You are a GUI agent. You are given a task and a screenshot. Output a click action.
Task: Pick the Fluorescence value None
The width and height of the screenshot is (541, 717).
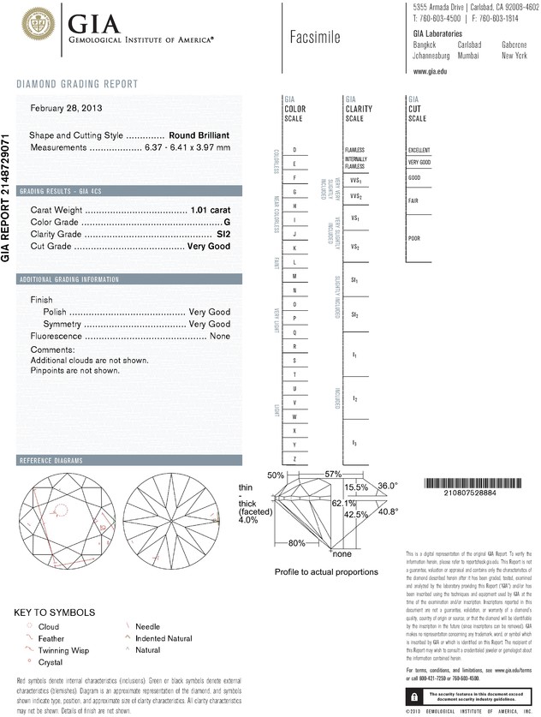[x=219, y=337]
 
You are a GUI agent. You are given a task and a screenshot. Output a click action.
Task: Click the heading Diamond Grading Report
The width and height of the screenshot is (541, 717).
[x=77, y=84]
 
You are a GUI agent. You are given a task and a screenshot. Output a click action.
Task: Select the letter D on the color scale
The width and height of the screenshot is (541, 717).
[x=294, y=150]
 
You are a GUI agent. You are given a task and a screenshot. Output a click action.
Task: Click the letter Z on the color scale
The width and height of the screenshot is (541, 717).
[x=294, y=460]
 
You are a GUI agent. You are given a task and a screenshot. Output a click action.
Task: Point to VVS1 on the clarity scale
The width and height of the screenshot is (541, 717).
[x=355, y=181]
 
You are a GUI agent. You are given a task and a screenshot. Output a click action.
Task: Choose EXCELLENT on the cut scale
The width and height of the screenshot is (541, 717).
[x=419, y=150]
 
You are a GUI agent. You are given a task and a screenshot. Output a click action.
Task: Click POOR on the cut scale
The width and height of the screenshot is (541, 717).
[x=414, y=238]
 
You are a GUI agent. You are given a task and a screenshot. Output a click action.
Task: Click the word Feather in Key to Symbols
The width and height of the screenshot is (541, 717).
[x=51, y=638]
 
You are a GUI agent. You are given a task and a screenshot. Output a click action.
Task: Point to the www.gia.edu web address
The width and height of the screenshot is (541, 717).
[x=431, y=71]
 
